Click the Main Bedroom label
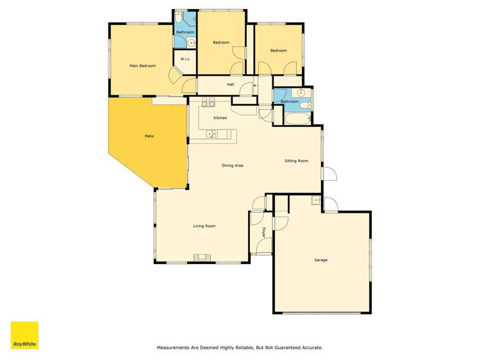142,65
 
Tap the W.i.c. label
185,59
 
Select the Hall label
230,84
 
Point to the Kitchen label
220,118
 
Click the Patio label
148,136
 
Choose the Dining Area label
232,165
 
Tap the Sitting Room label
296,161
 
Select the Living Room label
204,225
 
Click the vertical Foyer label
263,231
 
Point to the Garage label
320,260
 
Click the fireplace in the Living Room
203,258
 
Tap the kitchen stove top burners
209,103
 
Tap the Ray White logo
24,335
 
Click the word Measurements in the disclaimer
174,347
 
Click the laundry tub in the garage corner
316,201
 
